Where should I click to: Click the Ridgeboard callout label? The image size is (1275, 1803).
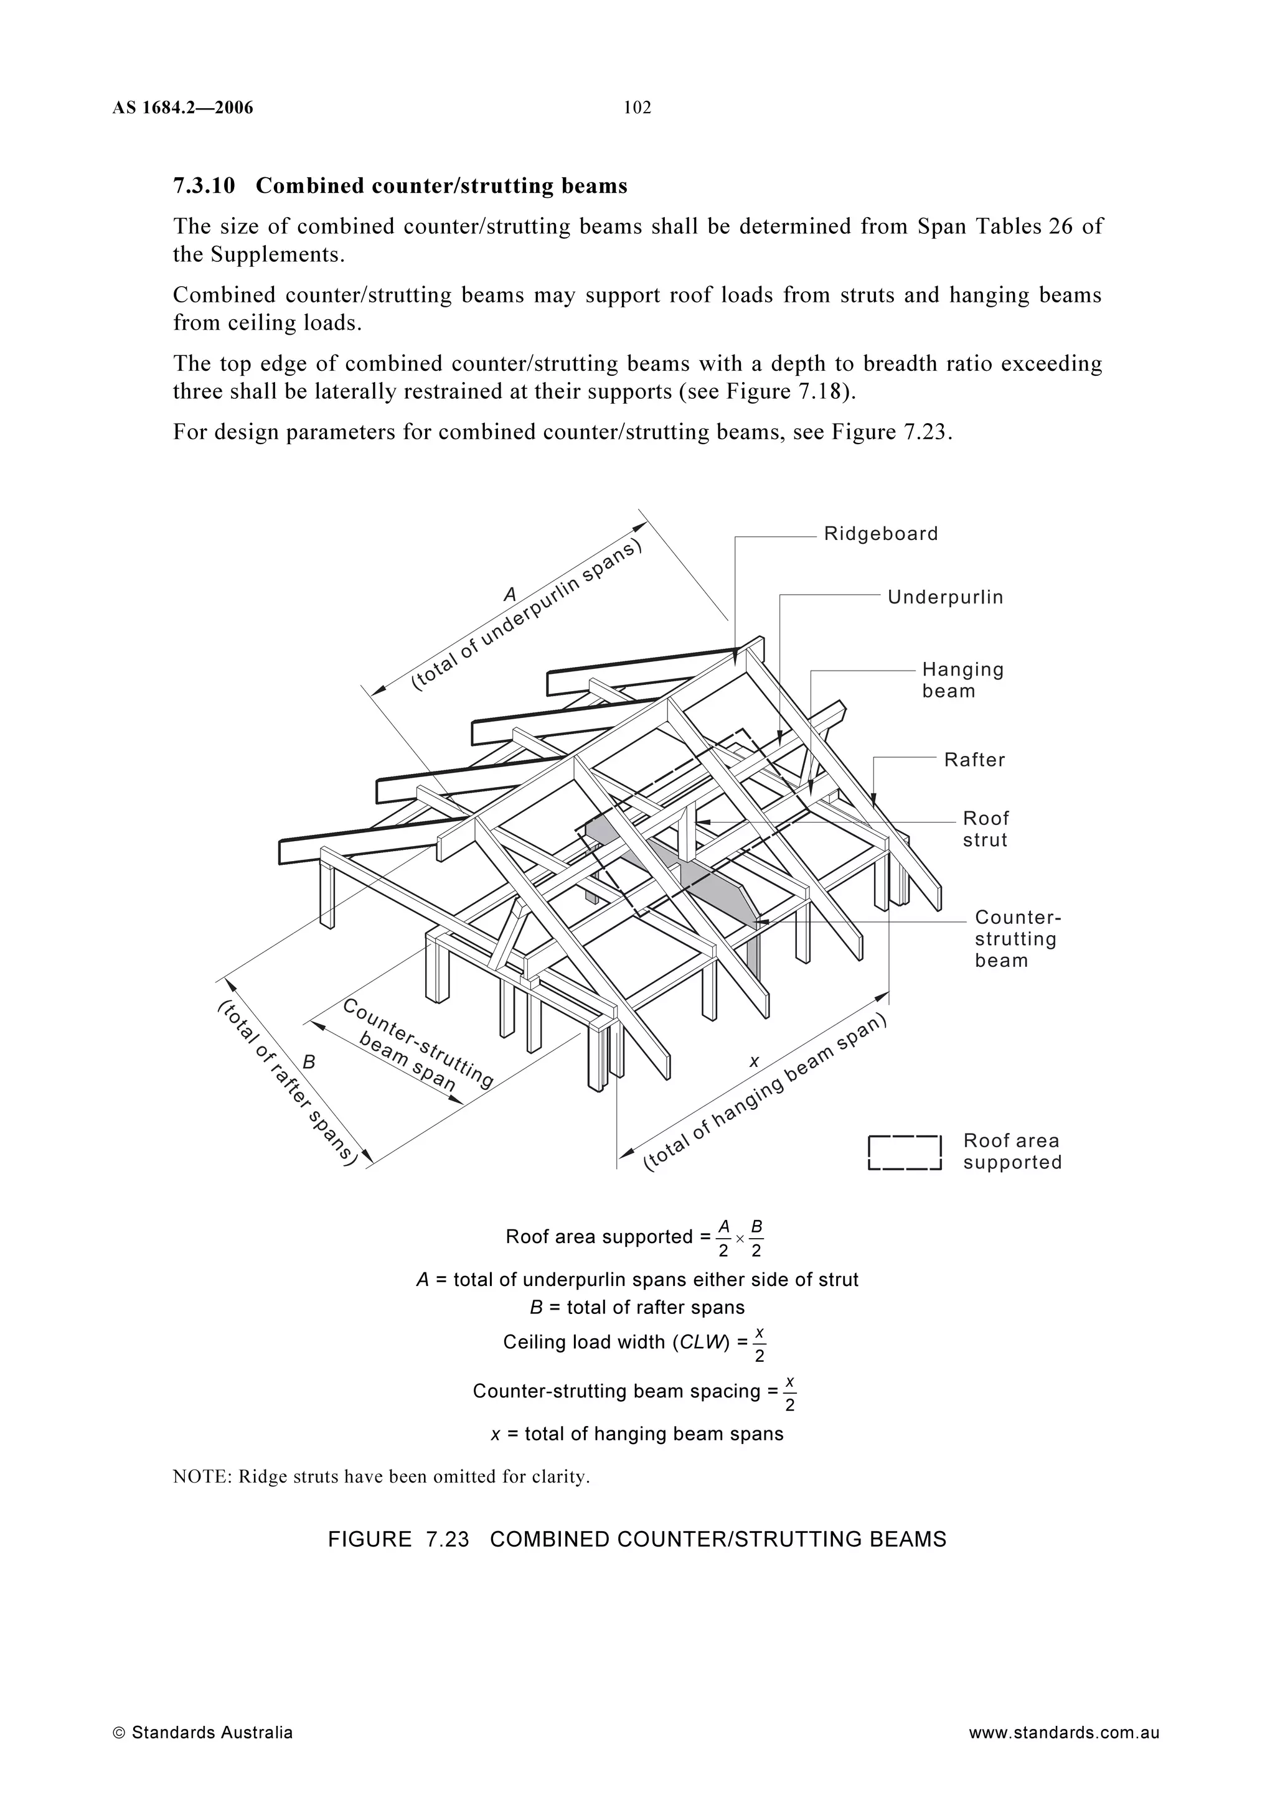point(881,534)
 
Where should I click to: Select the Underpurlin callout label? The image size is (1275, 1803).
point(945,598)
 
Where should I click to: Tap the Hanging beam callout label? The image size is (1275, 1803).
point(962,680)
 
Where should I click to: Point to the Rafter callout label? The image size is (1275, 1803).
point(974,760)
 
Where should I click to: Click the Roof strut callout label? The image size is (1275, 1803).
point(985,829)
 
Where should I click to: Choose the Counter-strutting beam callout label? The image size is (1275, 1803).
point(1017,939)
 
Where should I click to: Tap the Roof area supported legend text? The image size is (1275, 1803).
point(1012,1152)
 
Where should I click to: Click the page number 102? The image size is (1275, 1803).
point(637,108)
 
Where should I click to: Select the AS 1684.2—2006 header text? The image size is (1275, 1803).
point(182,108)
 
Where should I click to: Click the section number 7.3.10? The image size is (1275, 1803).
point(204,186)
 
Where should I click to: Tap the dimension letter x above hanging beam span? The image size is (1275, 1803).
point(754,1061)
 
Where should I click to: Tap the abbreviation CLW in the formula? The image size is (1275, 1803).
point(699,1342)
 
